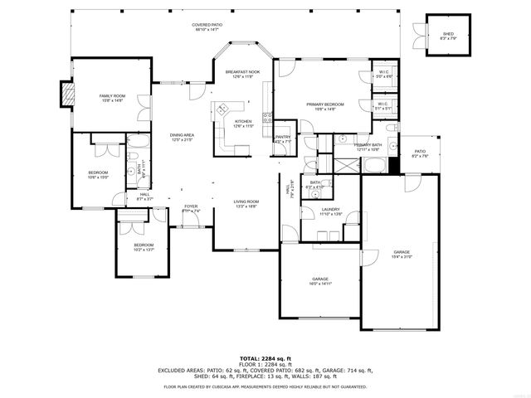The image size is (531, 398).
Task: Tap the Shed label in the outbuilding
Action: pos(447,36)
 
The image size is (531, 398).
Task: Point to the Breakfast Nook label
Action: pos(242,75)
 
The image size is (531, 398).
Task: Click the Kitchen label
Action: pos(242,124)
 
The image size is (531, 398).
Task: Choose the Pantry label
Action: pos(283,138)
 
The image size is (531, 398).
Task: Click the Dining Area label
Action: pos(182,137)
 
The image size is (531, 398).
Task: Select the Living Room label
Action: pos(246,203)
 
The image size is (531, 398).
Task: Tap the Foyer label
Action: pos(191,208)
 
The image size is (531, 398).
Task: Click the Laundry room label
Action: pos(331,211)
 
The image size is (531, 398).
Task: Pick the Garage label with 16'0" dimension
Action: pos(320,281)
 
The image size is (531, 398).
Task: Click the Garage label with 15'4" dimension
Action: pos(402,254)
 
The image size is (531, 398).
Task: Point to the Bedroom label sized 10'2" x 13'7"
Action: pos(144,247)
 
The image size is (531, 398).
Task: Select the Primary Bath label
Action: pos(367,147)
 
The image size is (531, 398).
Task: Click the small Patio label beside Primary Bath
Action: pos(420,153)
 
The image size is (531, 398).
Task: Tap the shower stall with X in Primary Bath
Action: pos(339,163)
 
